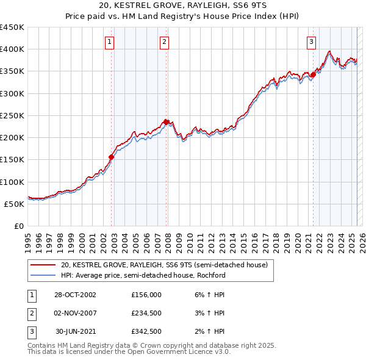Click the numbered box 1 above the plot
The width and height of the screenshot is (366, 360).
(x=109, y=42)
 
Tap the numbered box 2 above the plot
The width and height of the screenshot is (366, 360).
(x=165, y=42)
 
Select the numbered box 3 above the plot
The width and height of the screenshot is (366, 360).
(x=311, y=42)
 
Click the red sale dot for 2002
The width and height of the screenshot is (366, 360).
(x=112, y=157)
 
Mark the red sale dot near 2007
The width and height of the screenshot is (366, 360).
(x=167, y=122)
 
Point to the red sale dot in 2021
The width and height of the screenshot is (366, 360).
(x=313, y=74)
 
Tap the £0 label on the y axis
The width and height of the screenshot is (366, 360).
(x=18, y=226)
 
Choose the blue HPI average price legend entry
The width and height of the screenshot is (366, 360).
(x=143, y=275)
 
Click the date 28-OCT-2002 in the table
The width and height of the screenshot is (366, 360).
(x=74, y=294)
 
